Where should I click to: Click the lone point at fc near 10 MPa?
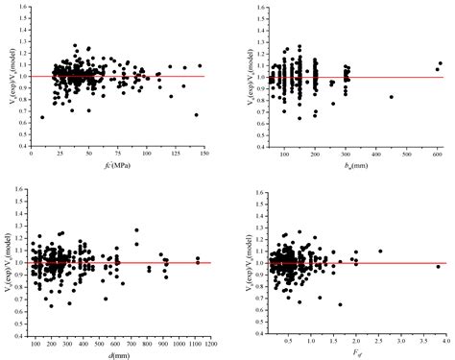(41, 117)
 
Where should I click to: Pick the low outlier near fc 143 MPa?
(196, 115)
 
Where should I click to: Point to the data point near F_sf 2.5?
(380, 252)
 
